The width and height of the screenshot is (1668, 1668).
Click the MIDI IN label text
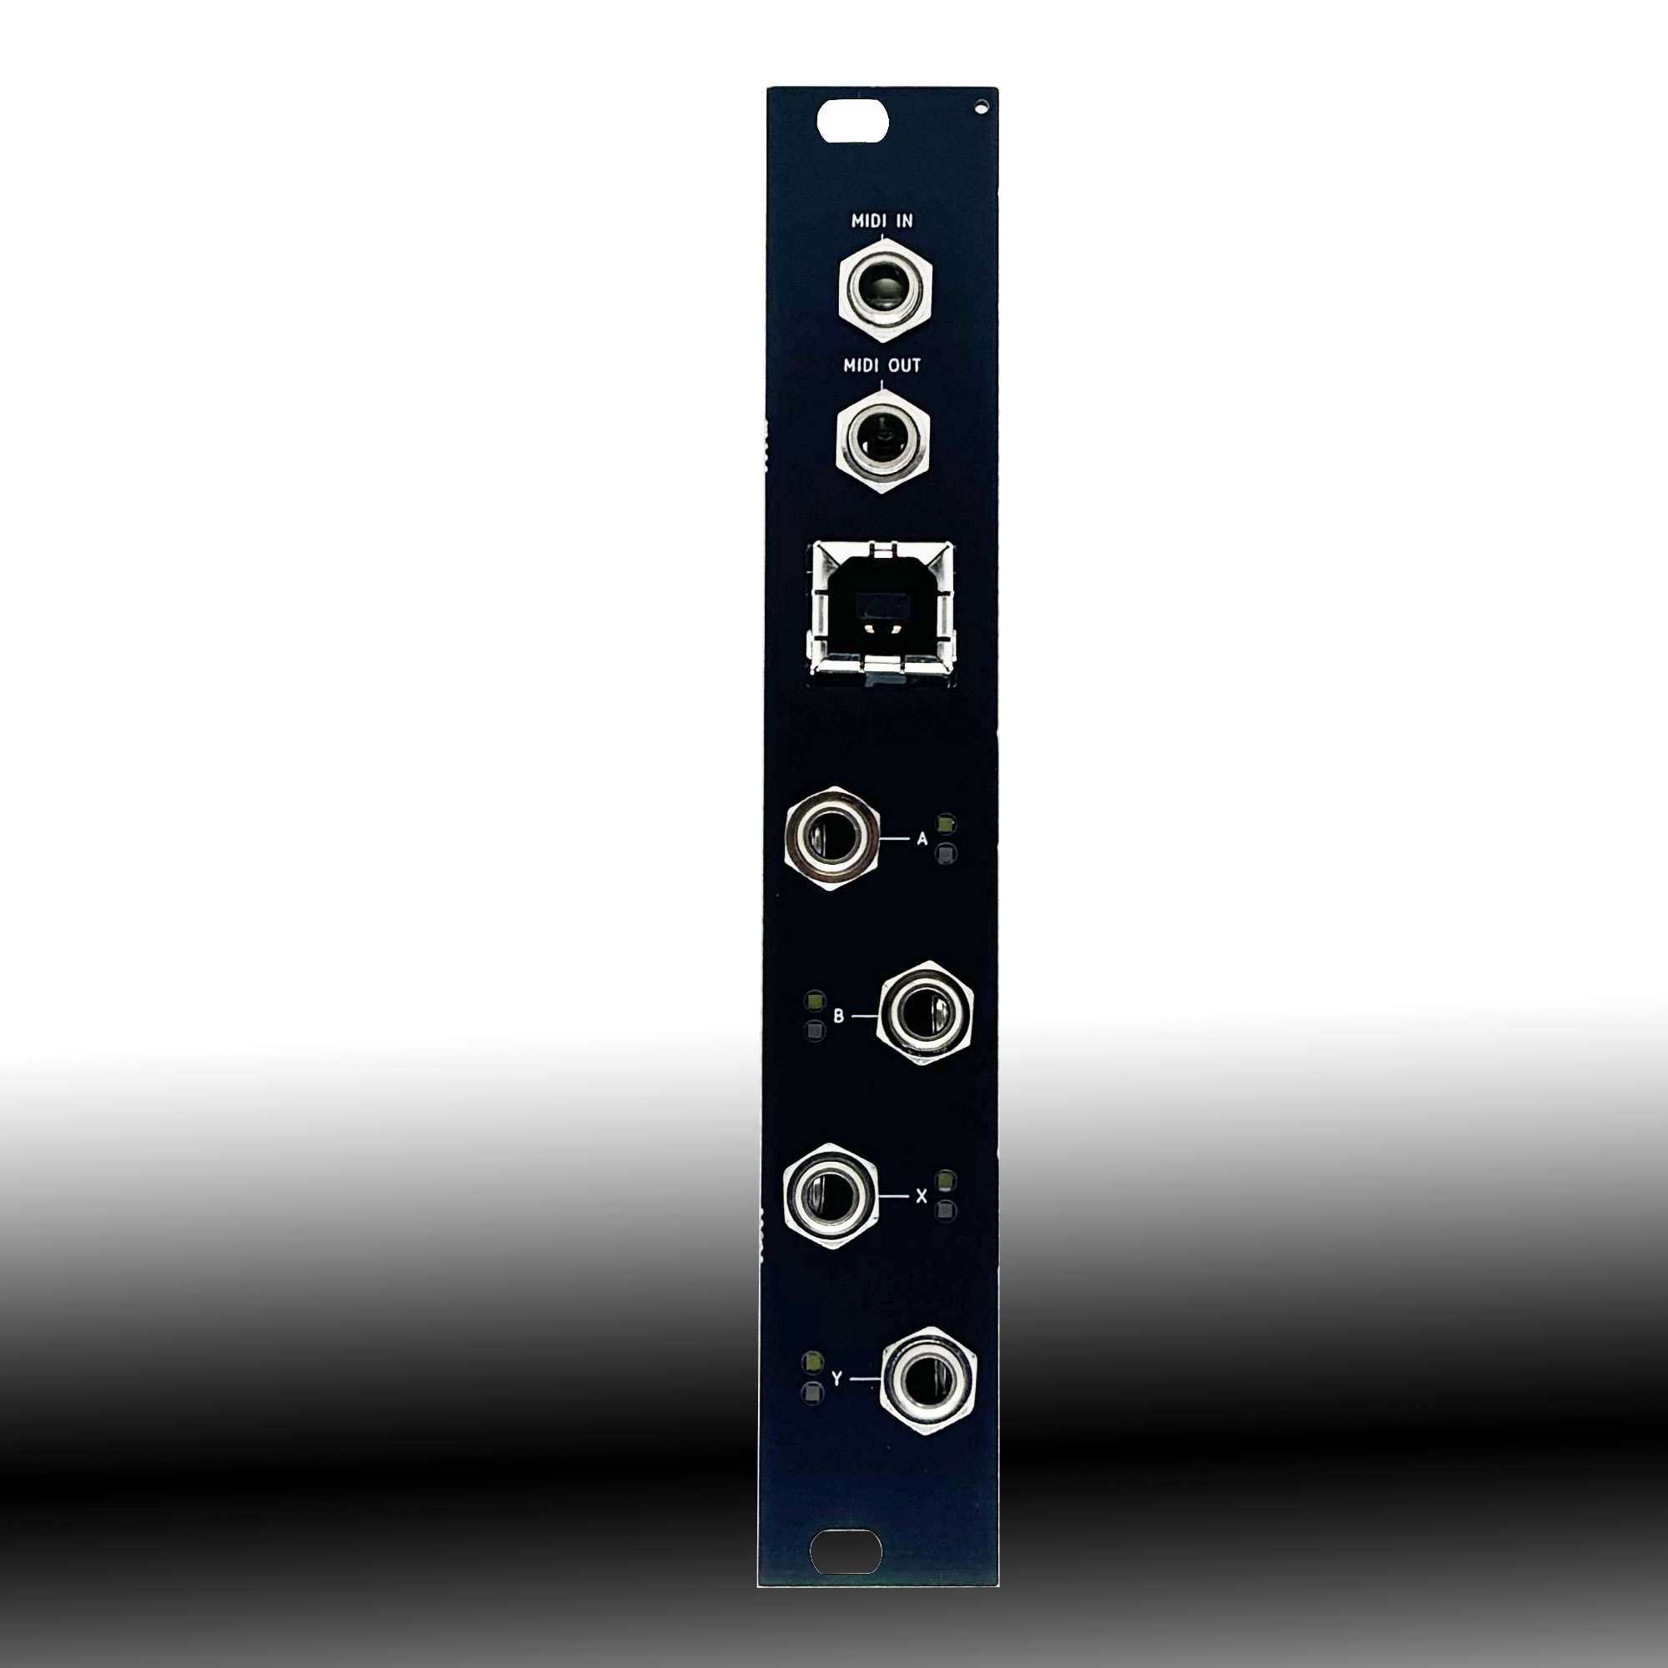tap(882, 221)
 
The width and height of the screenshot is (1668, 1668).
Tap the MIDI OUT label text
tap(882, 365)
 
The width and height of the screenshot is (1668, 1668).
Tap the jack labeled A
tap(832, 838)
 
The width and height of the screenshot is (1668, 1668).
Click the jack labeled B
tap(925, 1012)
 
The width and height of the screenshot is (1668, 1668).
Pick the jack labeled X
tap(831, 1196)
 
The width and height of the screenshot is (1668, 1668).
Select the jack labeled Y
tap(928, 1379)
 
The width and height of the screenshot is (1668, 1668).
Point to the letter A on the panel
tap(922, 838)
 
